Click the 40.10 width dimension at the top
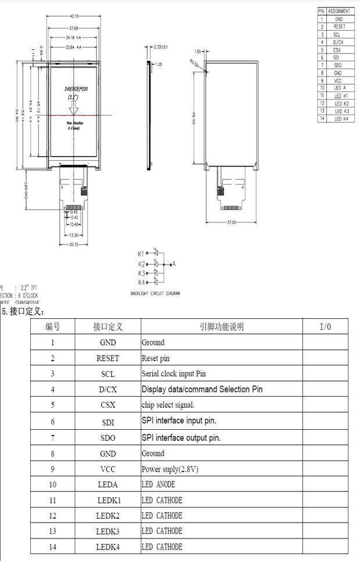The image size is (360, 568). [x=74, y=16]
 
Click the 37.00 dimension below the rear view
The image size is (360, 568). [x=231, y=222]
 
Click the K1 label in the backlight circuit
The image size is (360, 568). [x=141, y=253]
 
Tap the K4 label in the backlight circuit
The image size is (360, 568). [x=141, y=282]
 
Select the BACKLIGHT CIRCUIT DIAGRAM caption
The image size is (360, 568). [x=155, y=294]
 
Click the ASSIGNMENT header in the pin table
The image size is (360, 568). [x=339, y=11]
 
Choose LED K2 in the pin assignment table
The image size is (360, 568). [x=341, y=103]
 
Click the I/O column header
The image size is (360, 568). [x=325, y=327]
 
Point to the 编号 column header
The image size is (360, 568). [x=53, y=327]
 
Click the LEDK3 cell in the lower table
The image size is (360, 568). [x=108, y=531]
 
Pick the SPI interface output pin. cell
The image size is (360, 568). [x=181, y=437]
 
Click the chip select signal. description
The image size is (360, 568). [x=168, y=405]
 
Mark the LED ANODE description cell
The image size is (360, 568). [x=158, y=484]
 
